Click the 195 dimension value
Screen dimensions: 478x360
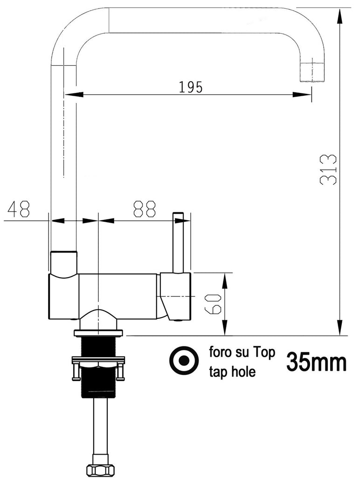(x=191, y=87)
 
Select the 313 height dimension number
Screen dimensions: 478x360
(x=329, y=169)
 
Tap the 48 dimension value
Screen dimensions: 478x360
(x=18, y=210)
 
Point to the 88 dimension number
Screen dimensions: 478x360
(x=144, y=210)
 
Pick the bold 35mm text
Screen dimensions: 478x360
(x=316, y=362)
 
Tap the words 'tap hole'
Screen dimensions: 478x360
(x=233, y=373)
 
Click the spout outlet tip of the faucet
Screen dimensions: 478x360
(x=311, y=72)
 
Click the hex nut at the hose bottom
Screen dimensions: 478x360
(x=98, y=470)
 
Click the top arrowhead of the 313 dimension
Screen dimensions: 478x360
(x=340, y=14)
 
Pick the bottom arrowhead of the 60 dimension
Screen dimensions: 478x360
(x=225, y=329)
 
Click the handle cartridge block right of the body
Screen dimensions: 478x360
(x=176, y=296)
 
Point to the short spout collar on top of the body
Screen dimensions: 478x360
(x=63, y=263)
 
